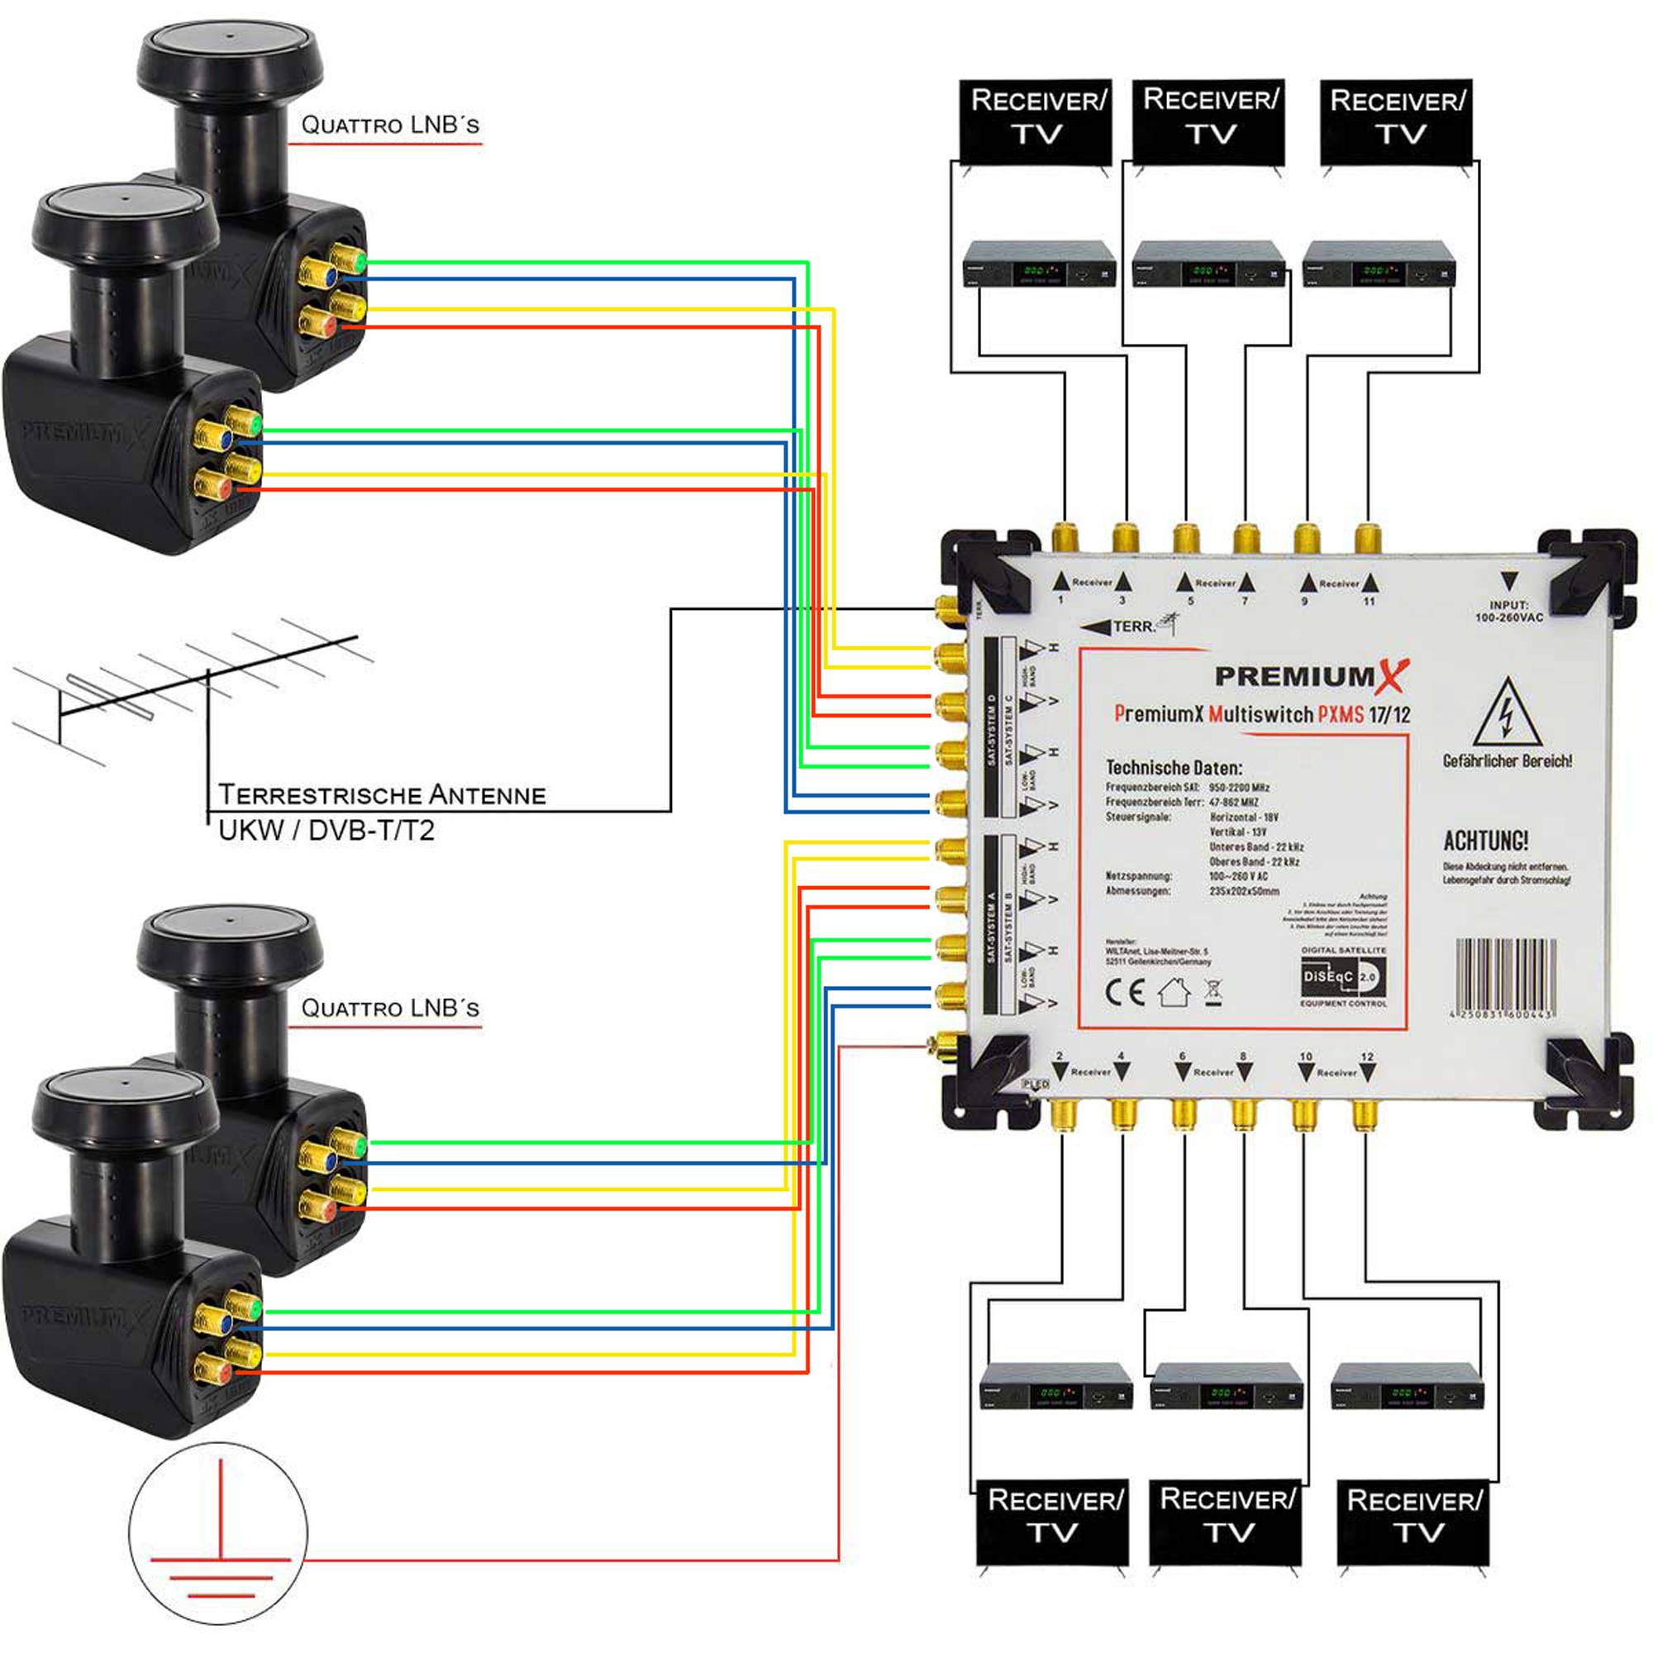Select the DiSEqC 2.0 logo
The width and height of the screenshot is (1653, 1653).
(x=1342, y=976)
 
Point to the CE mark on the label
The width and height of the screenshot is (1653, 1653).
(x=1124, y=993)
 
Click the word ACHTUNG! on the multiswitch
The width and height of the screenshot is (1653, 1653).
(x=1485, y=841)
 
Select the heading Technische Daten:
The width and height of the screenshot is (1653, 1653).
(x=1174, y=768)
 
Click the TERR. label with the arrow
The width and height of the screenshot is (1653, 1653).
(x=1120, y=627)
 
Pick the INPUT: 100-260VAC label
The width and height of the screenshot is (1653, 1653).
(x=1508, y=610)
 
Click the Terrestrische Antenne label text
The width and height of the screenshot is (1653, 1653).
(x=382, y=795)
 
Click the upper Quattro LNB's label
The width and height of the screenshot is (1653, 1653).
(x=390, y=125)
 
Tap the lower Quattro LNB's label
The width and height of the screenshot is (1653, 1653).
(x=390, y=1008)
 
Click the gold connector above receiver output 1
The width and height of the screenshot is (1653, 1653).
(x=1065, y=537)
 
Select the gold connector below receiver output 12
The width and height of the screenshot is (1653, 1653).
(x=1365, y=1115)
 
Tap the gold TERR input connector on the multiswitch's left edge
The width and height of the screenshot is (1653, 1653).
(x=946, y=609)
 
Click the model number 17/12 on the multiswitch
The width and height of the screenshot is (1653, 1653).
(x=1389, y=715)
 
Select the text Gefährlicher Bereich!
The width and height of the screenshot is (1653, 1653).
(x=1507, y=760)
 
